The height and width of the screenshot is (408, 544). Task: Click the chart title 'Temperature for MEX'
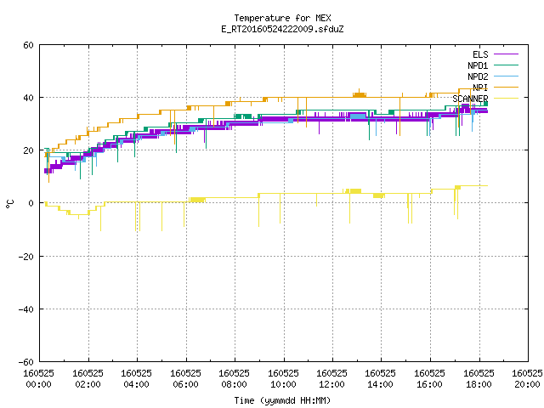(x=282, y=18)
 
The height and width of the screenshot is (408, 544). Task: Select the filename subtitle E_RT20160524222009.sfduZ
(x=282, y=29)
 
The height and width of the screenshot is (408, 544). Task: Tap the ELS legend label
(x=480, y=54)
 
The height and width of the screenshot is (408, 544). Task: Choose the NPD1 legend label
(x=478, y=65)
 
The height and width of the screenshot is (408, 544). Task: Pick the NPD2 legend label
(x=478, y=76)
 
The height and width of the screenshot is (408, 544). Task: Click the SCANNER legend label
(x=470, y=99)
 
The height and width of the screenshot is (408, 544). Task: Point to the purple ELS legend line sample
(x=506, y=54)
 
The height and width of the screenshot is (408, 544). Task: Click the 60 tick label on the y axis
(x=28, y=45)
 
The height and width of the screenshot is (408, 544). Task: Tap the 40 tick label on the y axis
(x=28, y=98)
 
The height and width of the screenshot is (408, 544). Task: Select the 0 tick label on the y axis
(x=31, y=203)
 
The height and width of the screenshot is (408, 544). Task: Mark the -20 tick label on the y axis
(x=26, y=257)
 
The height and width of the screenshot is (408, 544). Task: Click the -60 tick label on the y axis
(x=26, y=362)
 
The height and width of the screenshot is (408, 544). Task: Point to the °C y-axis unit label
(x=10, y=204)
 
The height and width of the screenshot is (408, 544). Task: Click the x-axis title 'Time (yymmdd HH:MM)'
(x=282, y=400)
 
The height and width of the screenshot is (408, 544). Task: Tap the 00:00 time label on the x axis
(x=39, y=384)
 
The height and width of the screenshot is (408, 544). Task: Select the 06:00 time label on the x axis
(x=185, y=384)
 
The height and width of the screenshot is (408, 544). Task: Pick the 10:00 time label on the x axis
(x=283, y=384)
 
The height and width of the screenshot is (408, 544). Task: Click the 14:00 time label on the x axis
(x=381, y=384)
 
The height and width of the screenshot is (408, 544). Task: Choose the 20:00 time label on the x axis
(x=527, y=384)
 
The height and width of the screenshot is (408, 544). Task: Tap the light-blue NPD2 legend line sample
(x=506, y=76)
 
